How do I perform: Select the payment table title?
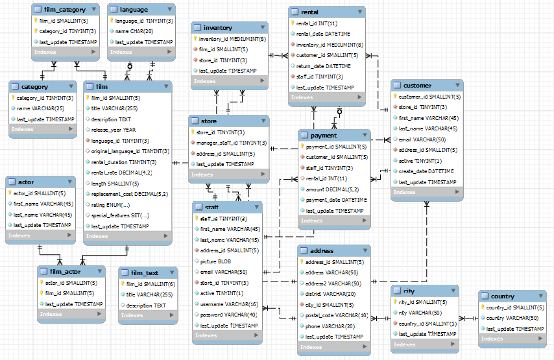point(323,136)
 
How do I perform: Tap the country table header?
point(502,296)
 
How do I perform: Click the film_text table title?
point(144,272)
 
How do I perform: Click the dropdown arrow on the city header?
point(453,291)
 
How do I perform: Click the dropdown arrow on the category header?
point(71,86)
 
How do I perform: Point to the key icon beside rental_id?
point(293,24)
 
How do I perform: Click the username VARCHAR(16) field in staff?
point(229,304)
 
